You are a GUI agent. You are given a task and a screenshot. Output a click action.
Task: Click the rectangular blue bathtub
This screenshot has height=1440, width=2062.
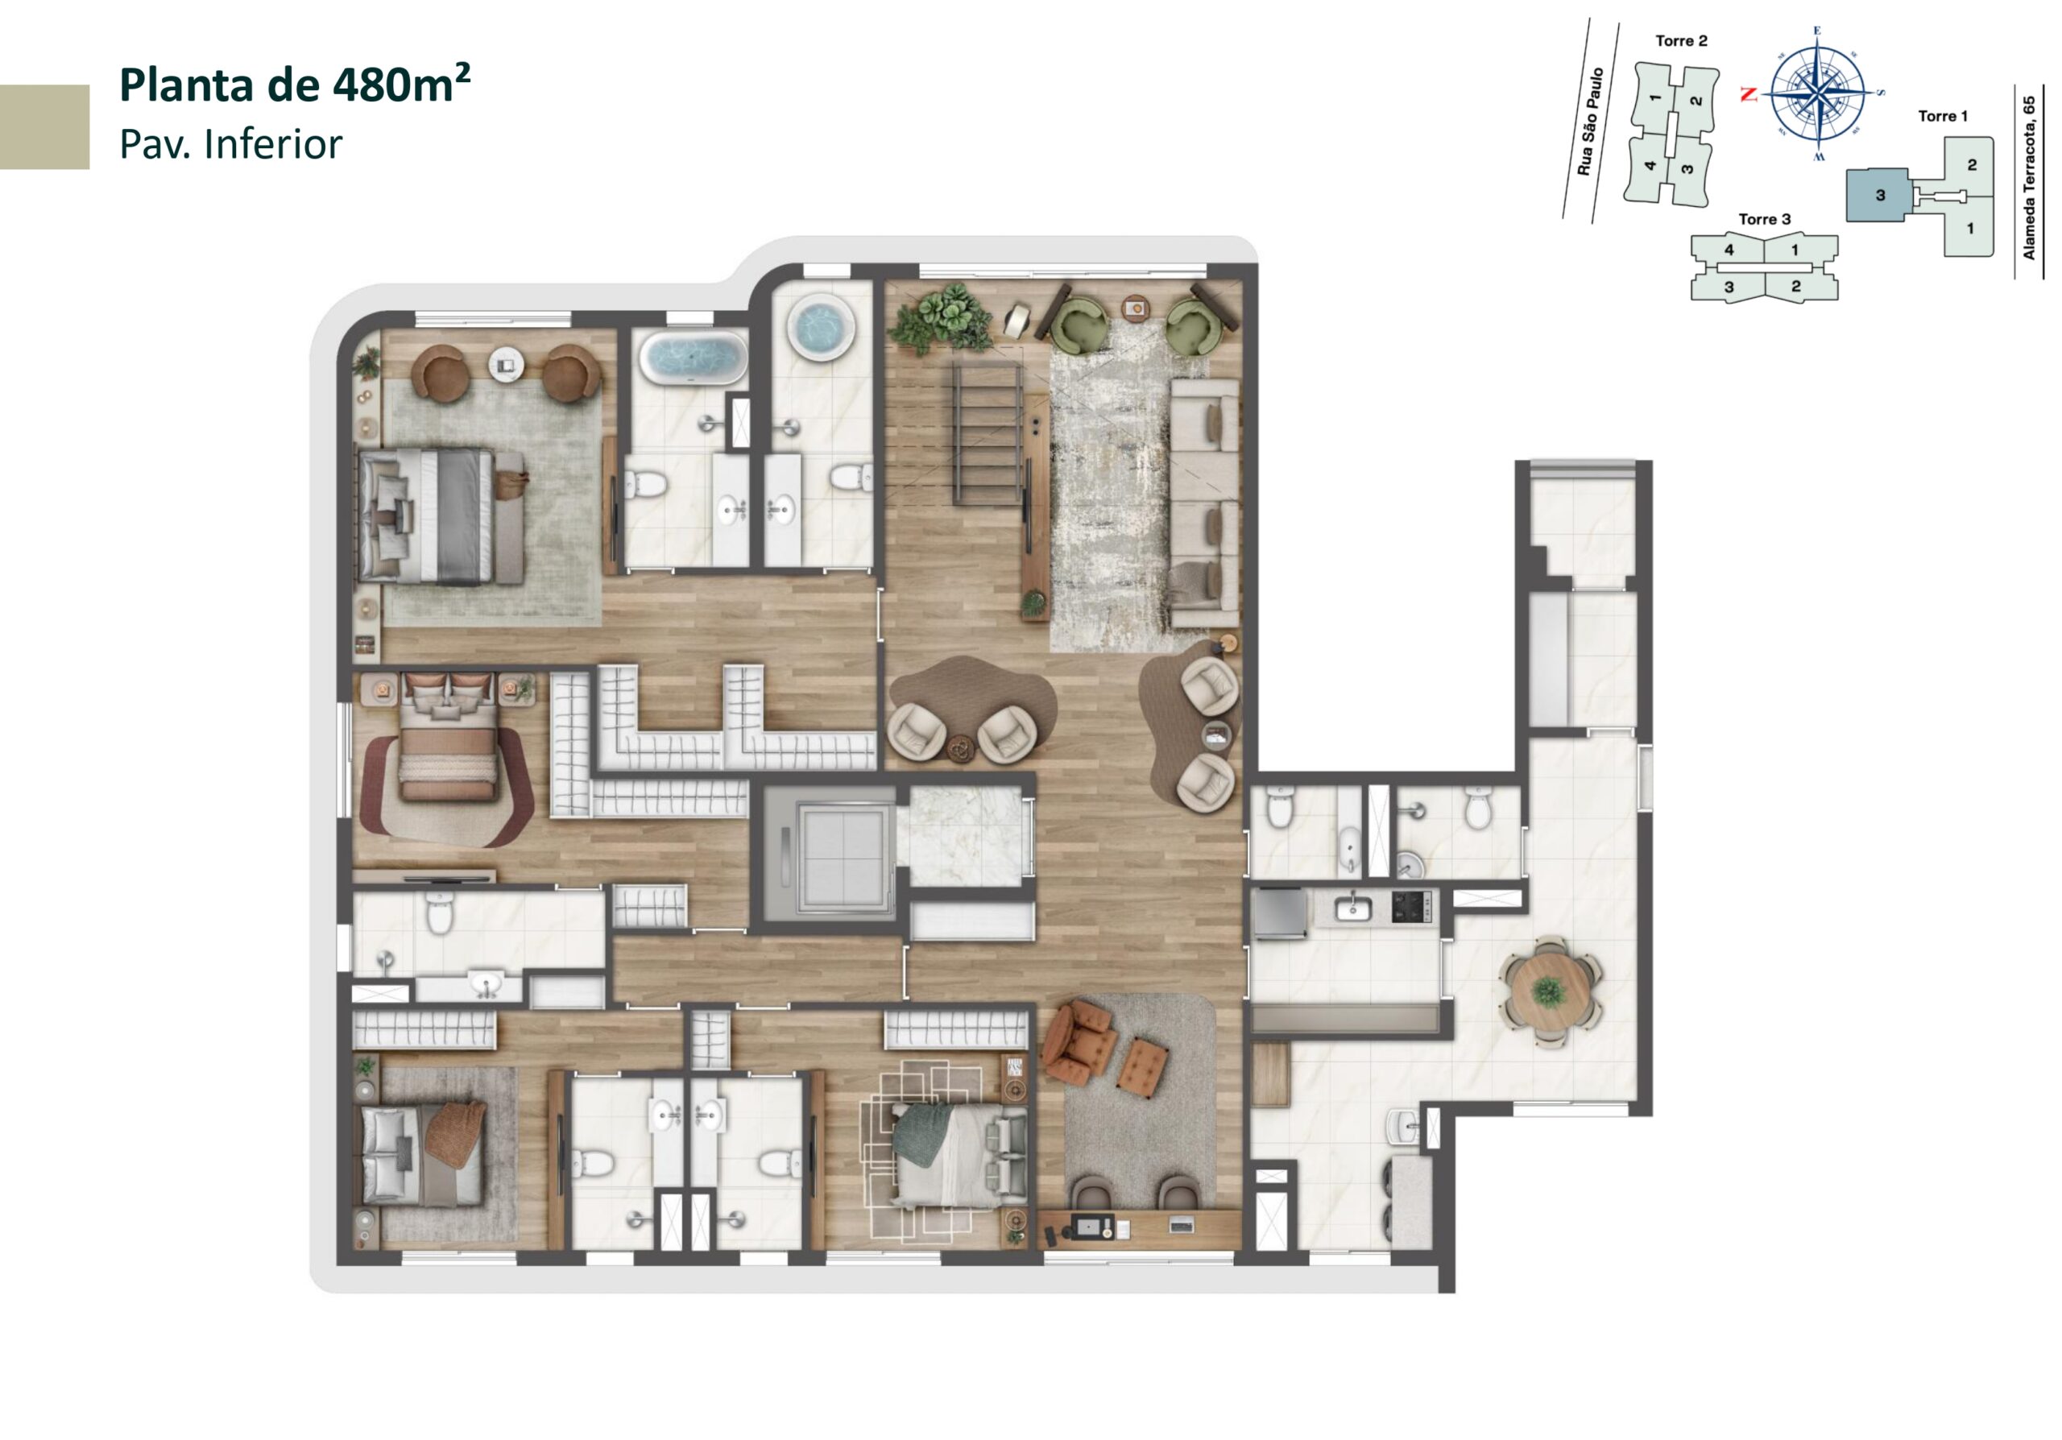coord(693,358)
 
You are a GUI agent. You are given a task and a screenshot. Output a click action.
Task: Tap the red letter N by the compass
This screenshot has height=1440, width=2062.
coord(1748,93)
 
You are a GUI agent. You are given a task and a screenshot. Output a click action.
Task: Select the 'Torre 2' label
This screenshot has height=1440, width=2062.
coord(1681,40)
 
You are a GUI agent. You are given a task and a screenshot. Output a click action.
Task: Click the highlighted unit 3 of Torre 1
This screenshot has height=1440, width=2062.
coord(1880,195)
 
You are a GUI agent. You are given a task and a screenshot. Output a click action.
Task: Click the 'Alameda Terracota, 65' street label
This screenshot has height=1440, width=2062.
coord(2029,178)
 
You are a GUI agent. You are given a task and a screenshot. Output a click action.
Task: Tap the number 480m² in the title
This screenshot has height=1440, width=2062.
coord(400,85)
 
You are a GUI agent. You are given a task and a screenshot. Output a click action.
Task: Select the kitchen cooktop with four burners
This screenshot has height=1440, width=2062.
coord(1411,908)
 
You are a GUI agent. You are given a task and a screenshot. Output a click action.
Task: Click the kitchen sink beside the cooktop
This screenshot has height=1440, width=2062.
coord(1352,908)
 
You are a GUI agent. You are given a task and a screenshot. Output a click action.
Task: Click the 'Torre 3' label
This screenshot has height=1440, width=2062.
coord(1764,219)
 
